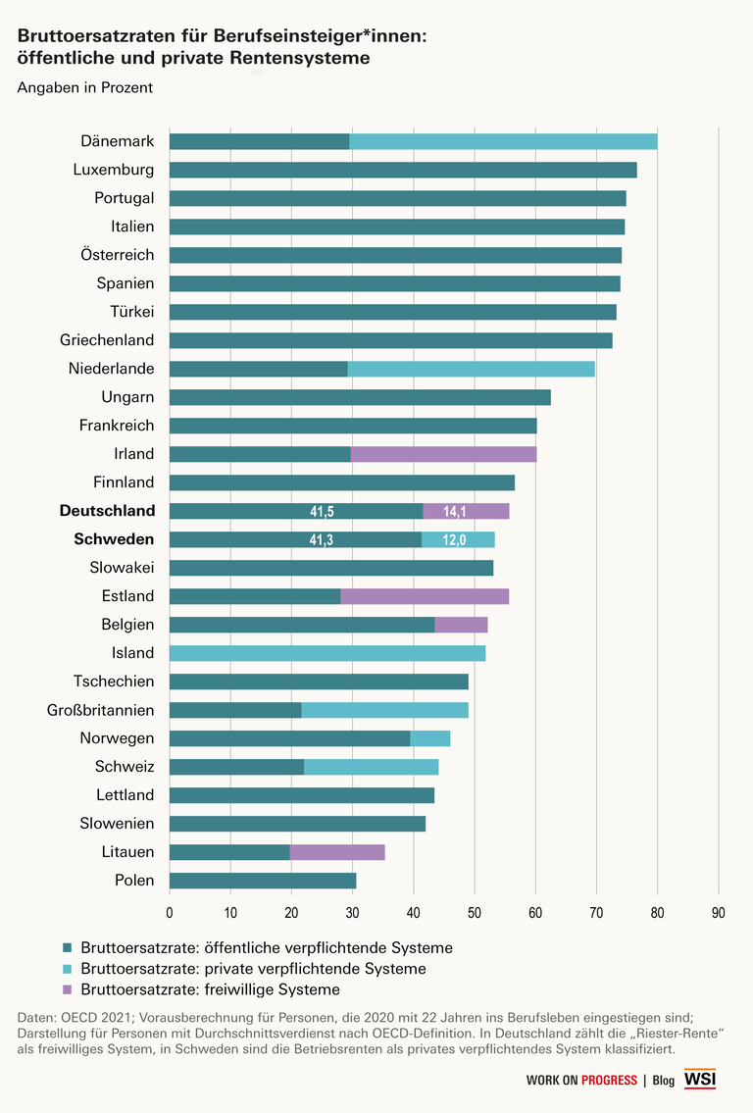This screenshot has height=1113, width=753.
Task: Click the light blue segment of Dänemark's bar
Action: coord(503,141)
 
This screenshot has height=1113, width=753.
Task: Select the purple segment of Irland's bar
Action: coord(443,454)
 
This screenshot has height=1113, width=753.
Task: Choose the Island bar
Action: coord(327,653)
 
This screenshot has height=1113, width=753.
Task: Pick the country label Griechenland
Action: coord(107,340)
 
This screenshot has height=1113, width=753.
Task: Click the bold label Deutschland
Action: coord(107,511)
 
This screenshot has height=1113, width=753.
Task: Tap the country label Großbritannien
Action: coord(100,710)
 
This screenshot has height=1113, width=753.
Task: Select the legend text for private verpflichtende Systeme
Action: coord(253,969)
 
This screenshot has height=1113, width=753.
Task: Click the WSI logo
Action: coord(700,1080)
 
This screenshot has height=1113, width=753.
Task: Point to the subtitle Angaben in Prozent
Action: coord(85,88)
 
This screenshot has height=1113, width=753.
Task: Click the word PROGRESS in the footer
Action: coord(609,1081)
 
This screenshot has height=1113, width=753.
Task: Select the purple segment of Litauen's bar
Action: coord(337,852)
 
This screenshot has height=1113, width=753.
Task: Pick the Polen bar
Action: coord(263,881)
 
